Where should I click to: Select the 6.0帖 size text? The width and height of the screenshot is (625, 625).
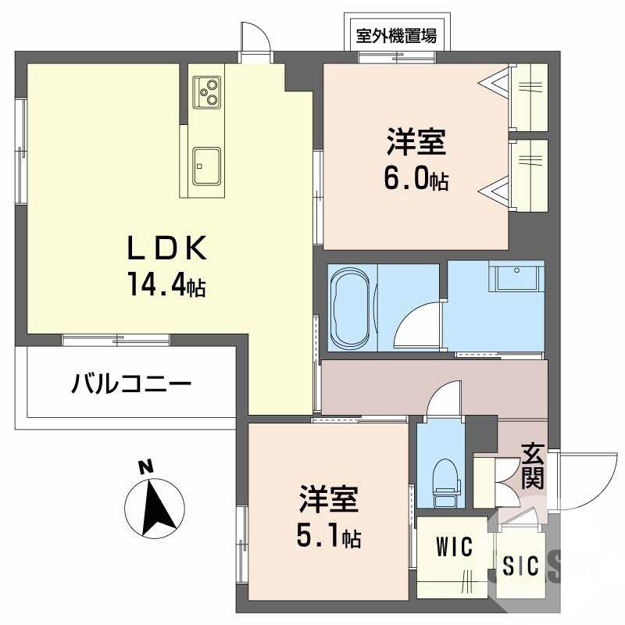[415, 179]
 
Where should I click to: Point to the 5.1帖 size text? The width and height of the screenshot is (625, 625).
[328, 537]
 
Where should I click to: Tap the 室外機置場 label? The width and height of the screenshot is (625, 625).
[396, 34]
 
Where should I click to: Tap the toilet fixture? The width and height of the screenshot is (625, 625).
[443, 478]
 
